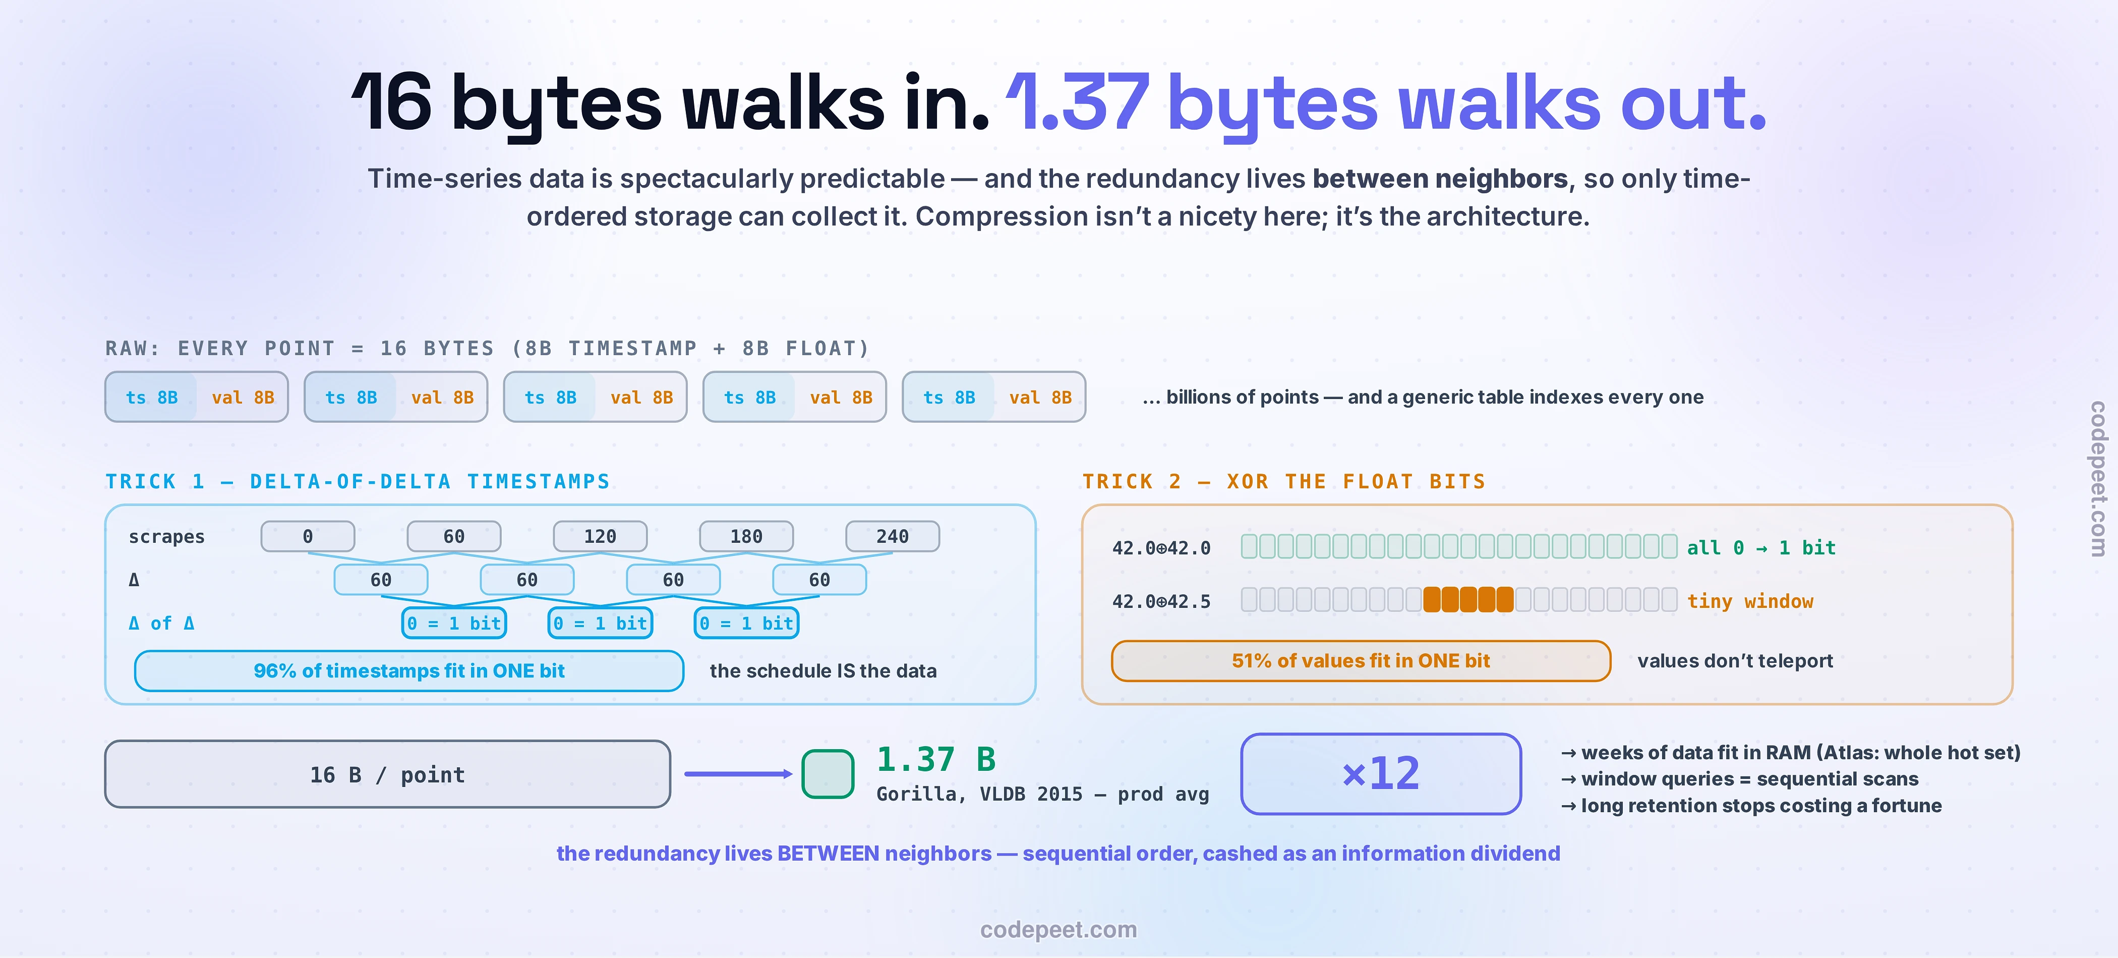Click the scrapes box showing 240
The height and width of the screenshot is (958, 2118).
[x=892, y=536]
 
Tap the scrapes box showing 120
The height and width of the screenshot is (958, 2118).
[x=600, y=536]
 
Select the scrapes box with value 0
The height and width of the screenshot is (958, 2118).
[x=308, y=536]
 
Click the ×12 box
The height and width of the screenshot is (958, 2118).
[x=1381, y=774]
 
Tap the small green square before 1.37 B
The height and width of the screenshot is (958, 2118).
[x=828, y=774]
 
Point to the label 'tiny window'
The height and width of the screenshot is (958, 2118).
[x=1750, y=601]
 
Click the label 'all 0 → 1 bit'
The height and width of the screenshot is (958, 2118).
[x=1761, y=548]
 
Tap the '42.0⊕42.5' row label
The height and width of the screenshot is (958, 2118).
[x=1161, y=601]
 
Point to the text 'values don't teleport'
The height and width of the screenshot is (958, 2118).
[x=1735, y=661]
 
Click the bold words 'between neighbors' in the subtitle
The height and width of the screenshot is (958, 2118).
[x=1440, y=179]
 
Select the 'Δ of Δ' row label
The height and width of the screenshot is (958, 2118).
[x=161, y=624]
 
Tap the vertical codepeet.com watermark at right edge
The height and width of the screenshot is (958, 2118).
[x=2099, y=479]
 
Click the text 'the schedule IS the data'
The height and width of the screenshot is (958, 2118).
[x=823, y=671]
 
